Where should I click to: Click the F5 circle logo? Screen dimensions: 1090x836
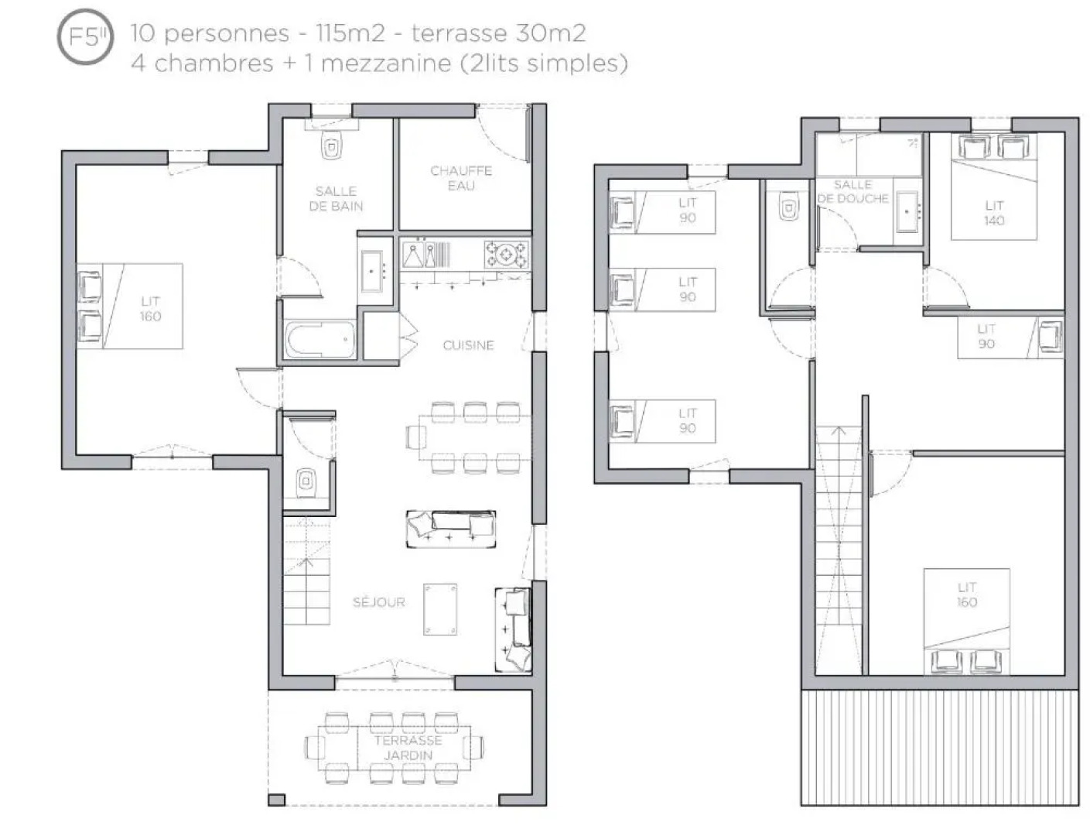[x=85, y=36]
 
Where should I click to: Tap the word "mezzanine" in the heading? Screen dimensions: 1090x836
[x=386, y=63]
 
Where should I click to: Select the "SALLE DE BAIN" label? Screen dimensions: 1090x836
[x=336, y=198]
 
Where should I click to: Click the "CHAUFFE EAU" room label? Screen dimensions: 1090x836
[x=461, y=178]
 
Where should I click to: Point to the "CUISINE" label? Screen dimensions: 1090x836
[x=469, y=345]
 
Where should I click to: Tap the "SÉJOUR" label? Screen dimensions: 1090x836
[x=379, y=601]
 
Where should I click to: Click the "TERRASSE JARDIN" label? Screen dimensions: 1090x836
[x=408, y=748]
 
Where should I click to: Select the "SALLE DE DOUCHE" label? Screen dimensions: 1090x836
[x=853, y=192]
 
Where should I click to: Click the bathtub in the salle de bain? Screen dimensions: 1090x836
[x=320, y=339]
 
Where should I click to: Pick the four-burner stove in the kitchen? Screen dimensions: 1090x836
[x=506, y=255]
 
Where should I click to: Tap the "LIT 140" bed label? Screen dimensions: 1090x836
[x=994, y=213]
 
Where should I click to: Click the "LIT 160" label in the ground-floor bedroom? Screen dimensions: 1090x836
[x=151, y=309]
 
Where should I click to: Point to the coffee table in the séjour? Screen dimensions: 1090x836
[x=440, y=609]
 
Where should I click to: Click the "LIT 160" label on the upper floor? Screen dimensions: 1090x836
[x=966, y=594]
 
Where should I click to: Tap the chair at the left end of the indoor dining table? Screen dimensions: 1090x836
[x=416, y=437]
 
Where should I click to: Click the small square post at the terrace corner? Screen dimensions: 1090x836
[x=276, y=800]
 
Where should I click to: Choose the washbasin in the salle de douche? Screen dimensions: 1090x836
[x=907, y=211]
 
